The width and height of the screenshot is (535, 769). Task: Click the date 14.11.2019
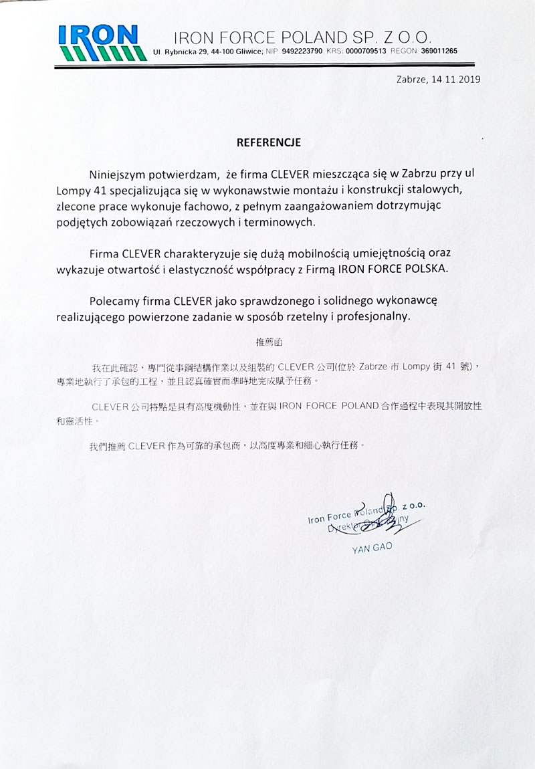[x=456, y=78]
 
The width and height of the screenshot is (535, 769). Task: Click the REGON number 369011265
[x=435, y=51]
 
